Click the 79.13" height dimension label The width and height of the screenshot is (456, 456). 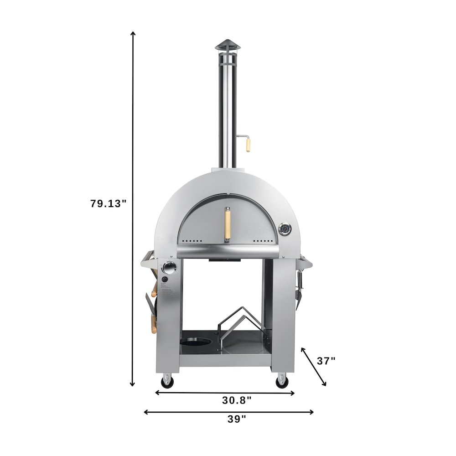coord(108,204)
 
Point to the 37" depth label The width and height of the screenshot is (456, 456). coord(326,361)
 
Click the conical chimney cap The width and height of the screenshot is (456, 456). coord(227,46)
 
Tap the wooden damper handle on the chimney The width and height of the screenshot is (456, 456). coord(248,145)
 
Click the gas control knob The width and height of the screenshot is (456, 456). coord(168,269)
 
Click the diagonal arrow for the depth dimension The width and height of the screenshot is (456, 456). coord(314,366)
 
